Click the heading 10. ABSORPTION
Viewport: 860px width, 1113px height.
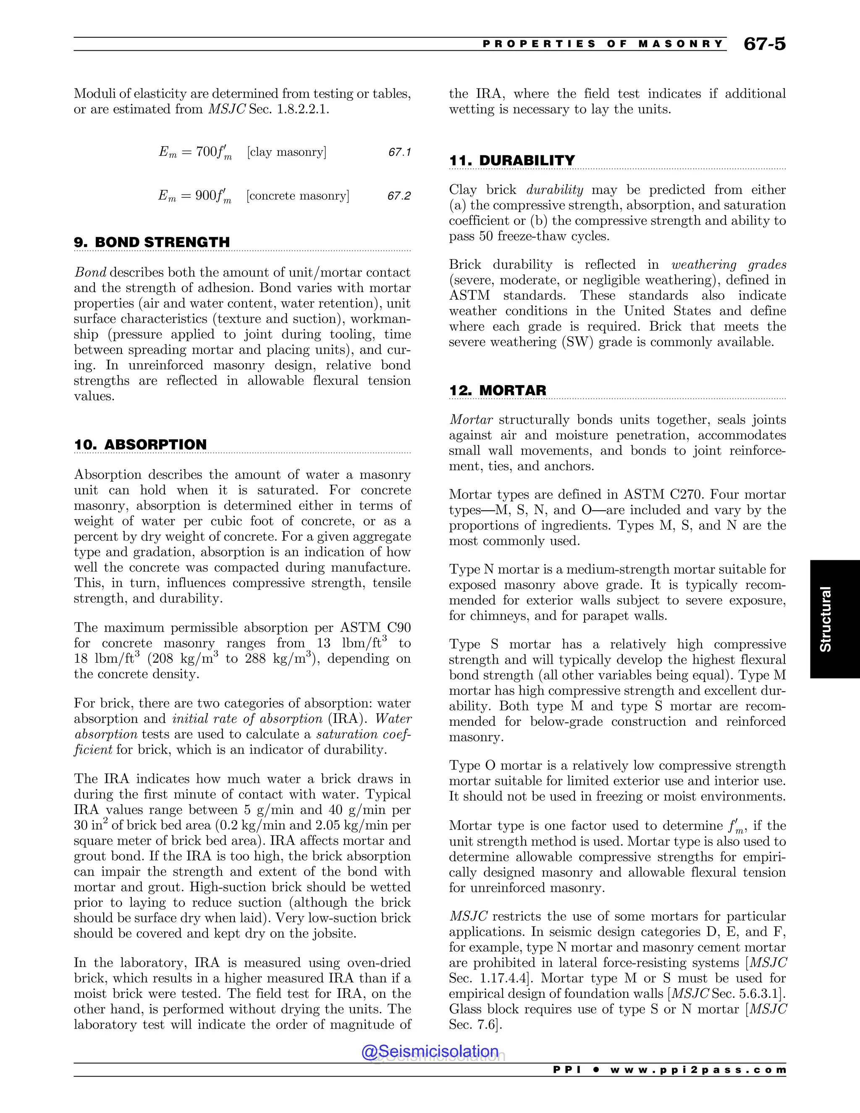(140, 444)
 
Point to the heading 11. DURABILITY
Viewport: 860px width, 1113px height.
(511, 160)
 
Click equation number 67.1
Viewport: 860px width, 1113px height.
(399, 152)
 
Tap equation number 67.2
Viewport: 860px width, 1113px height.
(399, 196)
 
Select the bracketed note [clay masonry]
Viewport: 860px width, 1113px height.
(287, 152)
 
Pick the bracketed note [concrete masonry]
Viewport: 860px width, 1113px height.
(298, 196)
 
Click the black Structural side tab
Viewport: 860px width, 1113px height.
(834, 619)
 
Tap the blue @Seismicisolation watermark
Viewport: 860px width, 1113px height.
(430, 1051)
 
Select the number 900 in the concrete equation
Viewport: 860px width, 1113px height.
(206, 196)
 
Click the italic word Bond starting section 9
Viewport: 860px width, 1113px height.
(90, 273)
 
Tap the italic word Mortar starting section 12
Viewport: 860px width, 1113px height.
(471, 420)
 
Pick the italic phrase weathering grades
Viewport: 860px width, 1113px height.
(729, 265)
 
